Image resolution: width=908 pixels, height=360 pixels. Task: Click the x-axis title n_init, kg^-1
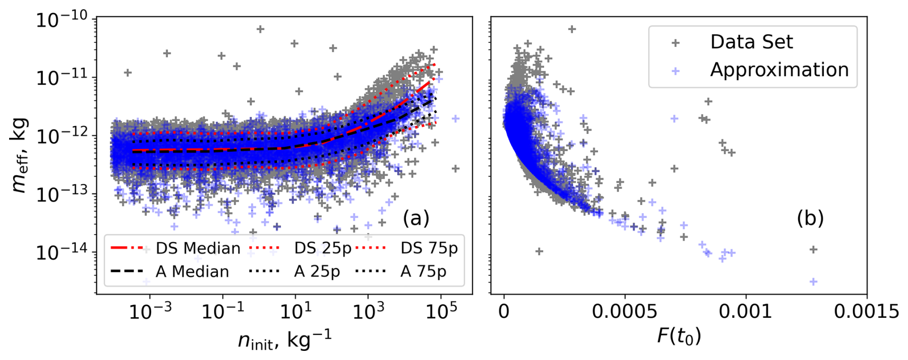(x=285, y=341)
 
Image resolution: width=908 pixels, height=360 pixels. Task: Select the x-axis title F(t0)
(x=679, y=336)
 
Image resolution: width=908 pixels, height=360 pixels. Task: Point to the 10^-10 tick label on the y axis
(x=62, y=21)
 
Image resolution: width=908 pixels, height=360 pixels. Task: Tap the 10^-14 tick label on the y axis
(x=62, y=252)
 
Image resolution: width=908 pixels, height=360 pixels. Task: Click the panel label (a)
(x=416, y=218)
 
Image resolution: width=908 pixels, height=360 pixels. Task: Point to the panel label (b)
(x=810, y=218)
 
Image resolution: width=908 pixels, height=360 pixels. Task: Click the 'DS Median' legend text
(x=198, y=249)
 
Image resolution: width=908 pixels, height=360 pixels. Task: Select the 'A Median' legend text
(x=192, y=272)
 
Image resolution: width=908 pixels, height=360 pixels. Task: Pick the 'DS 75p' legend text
(x=429, y=249)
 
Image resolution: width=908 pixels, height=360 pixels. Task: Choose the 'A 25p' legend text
(x=317, y=272)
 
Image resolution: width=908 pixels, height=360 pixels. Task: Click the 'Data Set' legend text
(x=752, y=42)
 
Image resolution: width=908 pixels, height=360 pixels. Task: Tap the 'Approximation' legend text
(x=779, y=70)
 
